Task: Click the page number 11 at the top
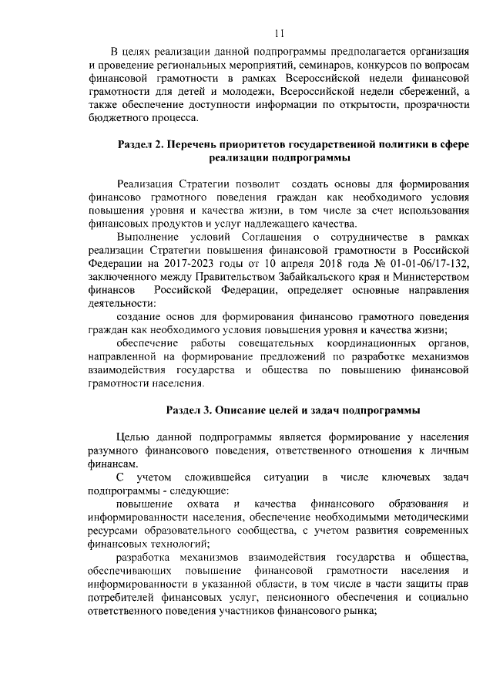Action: [279, 32]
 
